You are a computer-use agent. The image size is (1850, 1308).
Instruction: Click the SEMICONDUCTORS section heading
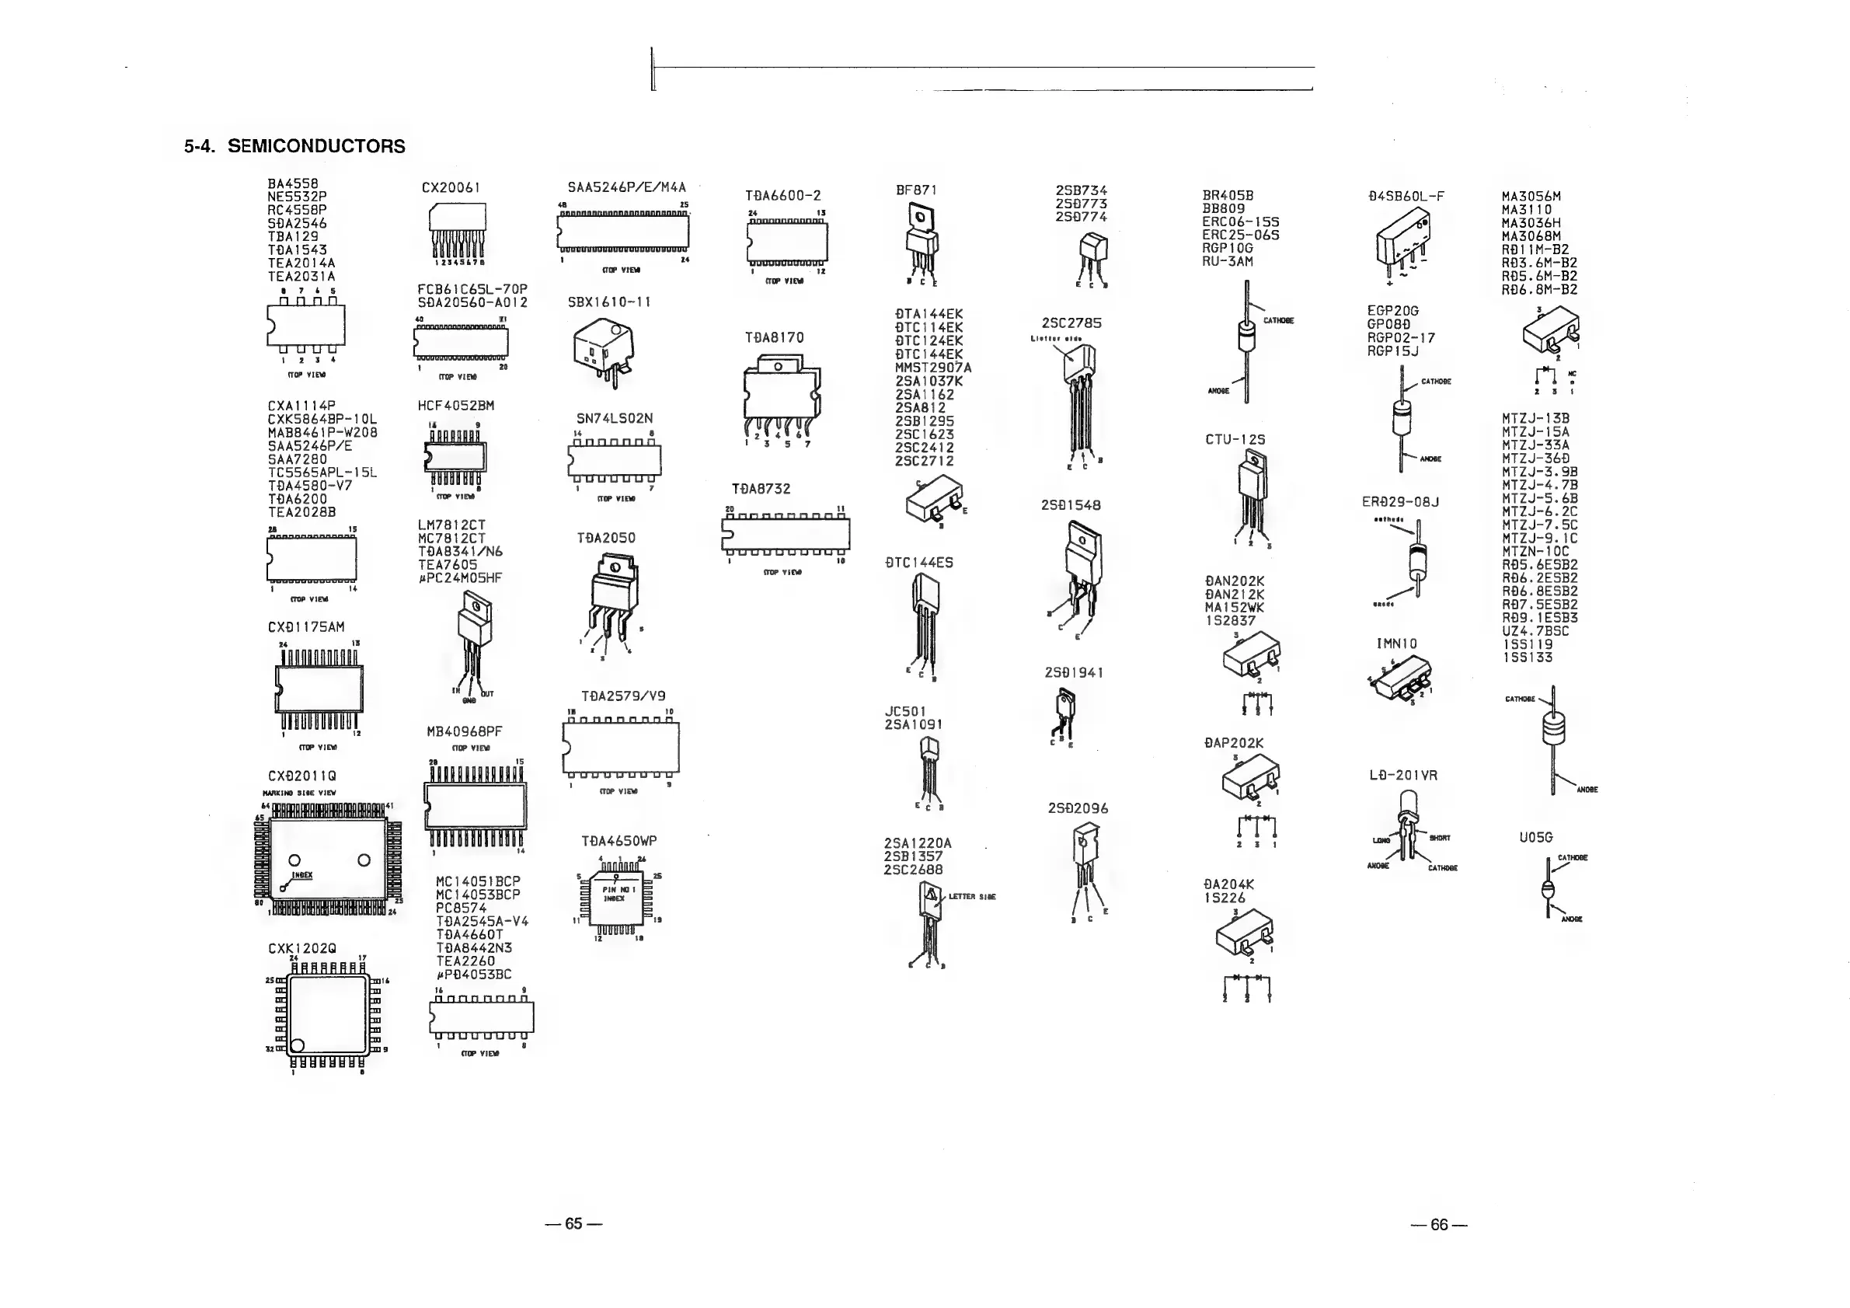click(295, 147)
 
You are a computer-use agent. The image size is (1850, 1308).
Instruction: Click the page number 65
click(573, 1223)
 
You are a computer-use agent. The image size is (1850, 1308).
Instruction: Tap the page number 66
click(1439, 1225)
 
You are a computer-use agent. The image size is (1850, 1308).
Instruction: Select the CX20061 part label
click(451, 188)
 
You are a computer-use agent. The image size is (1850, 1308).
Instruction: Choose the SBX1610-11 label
click(609, 302)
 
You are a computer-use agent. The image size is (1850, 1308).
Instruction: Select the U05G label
click(1536, 837)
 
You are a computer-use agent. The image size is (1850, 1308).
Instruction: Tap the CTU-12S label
click(1235, 439)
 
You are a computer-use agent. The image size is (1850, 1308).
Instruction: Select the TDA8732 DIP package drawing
click(786, 533)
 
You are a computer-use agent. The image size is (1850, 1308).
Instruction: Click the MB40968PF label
click(464, 732)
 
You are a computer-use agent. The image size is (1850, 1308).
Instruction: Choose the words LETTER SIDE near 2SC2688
click(972, 896)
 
